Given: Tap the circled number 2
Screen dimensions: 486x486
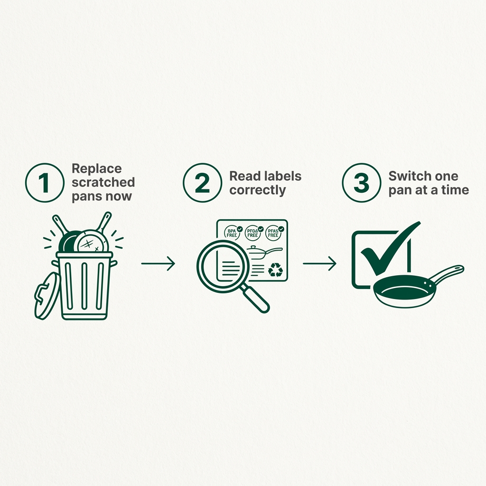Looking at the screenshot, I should (x=202, y=183).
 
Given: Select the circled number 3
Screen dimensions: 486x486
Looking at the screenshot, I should (x=361, y=183).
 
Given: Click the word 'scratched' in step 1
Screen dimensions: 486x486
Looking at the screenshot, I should (x=103, y=182).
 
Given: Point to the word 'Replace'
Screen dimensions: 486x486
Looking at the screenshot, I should (x=96, y=168).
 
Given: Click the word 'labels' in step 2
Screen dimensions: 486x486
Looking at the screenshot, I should (x=283, y=176).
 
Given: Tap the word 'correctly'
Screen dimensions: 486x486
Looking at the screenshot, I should (x=258, y=190).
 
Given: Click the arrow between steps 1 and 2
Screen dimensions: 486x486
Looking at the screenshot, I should (x=158, y=263).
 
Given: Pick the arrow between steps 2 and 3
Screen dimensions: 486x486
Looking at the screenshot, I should (x=319, y=263).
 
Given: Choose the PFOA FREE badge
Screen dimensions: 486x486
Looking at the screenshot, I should (x=253, y=232).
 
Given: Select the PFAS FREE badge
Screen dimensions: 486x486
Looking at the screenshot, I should (x=273, y=232).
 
